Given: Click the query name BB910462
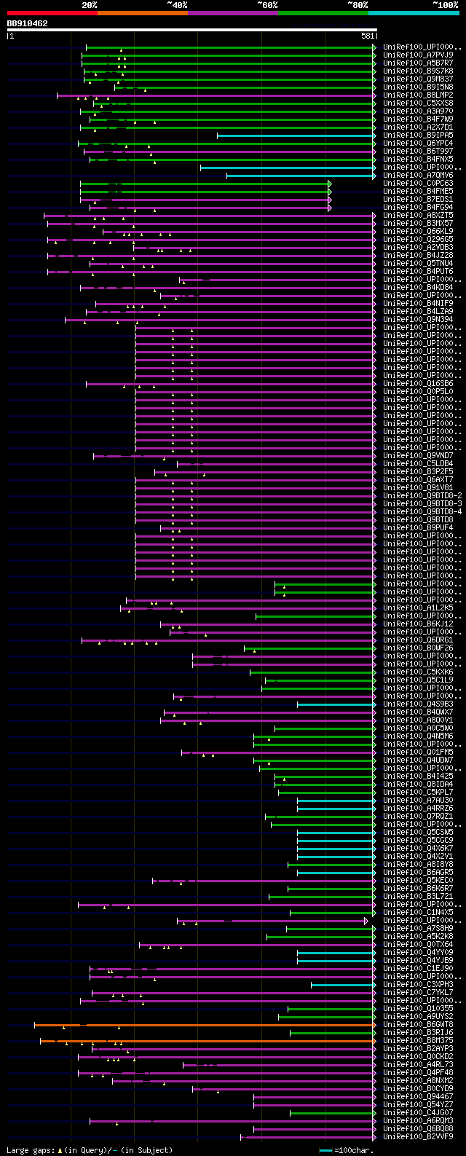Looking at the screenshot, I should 28,23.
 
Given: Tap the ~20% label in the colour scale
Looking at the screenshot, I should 89,4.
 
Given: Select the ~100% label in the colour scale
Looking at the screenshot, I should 444,4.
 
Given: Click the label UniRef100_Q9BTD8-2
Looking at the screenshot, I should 421,495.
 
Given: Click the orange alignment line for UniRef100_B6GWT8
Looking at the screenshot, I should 204,1024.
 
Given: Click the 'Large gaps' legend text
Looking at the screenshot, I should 90,1150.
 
